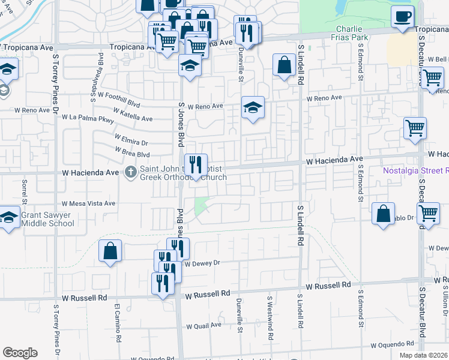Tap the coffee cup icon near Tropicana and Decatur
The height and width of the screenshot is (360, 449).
(403, 16)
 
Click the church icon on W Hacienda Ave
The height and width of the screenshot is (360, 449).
(130, 173)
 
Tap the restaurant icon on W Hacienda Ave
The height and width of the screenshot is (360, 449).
(196, 164)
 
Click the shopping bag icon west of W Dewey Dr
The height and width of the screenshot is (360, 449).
(110, 251)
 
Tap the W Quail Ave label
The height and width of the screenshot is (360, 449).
(203, 326)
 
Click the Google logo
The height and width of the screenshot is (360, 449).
(20, 353)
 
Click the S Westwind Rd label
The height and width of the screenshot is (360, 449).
(270, 311)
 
